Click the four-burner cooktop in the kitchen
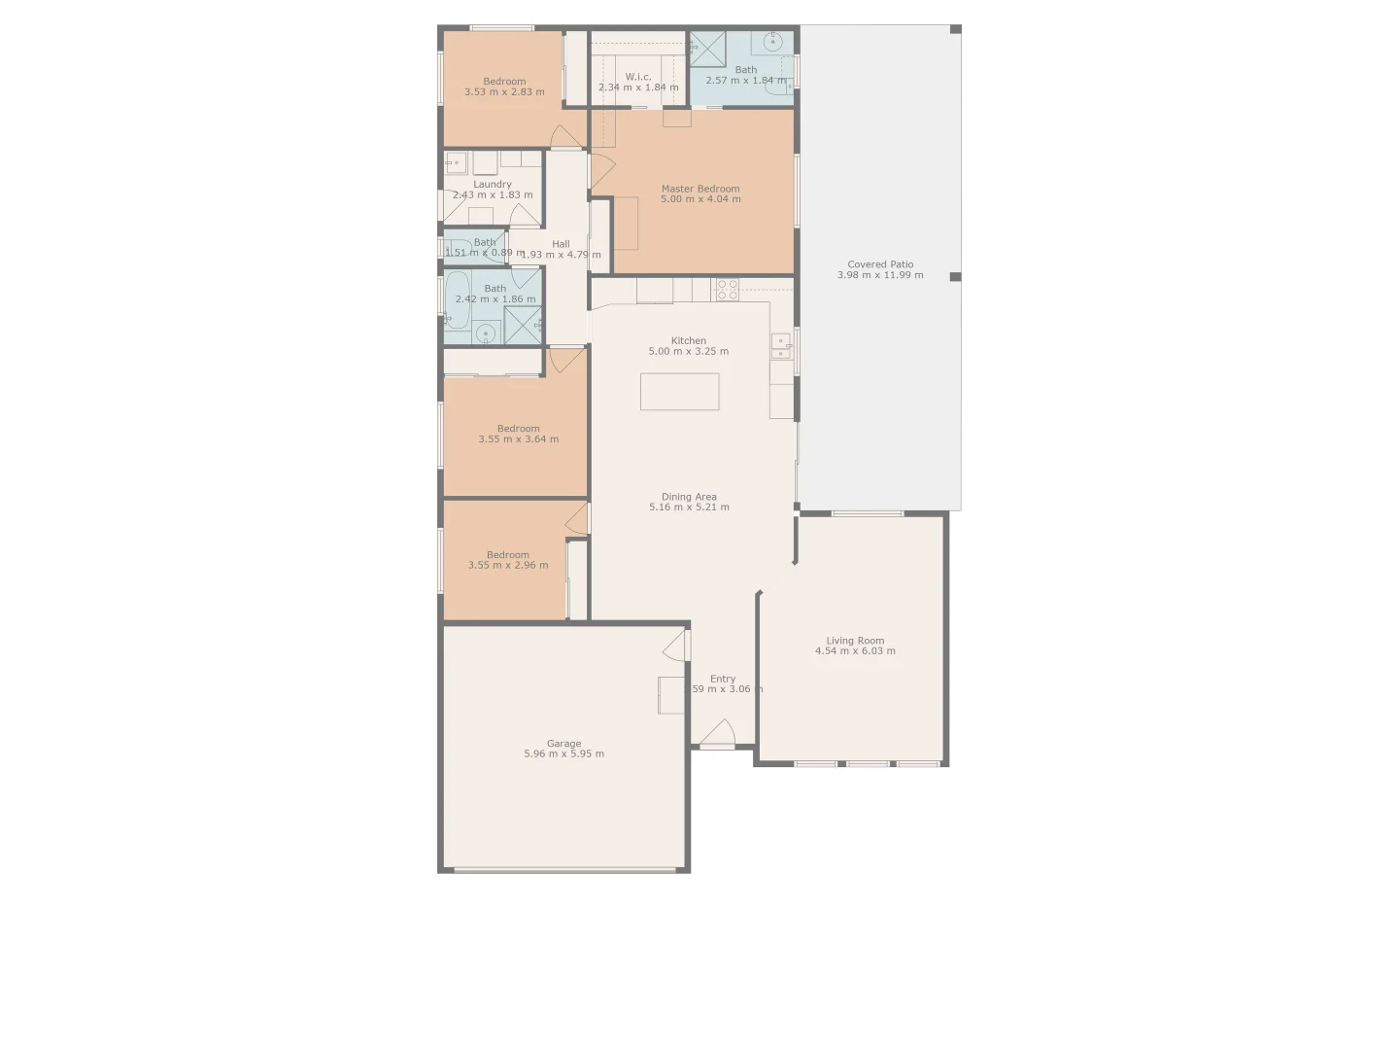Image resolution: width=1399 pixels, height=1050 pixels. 727,289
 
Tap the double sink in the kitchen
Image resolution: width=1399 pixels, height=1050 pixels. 780,346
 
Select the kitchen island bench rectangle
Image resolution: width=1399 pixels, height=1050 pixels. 680,392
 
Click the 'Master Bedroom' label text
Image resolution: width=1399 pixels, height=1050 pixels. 700,189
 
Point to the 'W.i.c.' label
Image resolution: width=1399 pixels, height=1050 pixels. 638,77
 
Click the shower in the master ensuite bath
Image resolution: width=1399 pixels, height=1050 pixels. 706,49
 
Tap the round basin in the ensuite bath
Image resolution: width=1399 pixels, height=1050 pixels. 773,42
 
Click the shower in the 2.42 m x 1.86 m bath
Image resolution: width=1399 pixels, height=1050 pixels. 523,326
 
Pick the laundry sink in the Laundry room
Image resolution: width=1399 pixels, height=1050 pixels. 456,161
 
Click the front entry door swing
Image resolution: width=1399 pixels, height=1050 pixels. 718,734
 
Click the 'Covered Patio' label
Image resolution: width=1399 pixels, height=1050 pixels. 880,264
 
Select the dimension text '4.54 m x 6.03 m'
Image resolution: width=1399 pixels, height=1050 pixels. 855,651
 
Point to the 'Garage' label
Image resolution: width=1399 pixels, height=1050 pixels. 563,744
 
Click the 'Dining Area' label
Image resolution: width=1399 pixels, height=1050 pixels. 689,497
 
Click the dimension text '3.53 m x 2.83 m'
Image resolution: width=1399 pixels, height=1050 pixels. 504,92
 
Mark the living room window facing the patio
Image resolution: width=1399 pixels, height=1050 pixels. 867,513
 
